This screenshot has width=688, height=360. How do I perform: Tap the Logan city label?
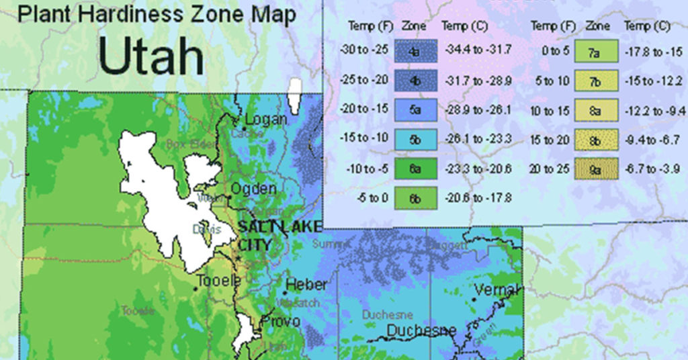(266, 120)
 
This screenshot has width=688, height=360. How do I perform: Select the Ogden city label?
(253, 189)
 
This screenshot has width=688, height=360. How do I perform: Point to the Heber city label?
(306, 285)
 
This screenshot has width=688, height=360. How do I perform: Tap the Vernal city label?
(497, 289)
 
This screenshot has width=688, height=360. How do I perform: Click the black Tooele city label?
(218, 281)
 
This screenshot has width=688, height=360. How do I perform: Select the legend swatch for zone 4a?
(416, 50)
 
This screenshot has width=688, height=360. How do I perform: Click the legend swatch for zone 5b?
(416, 138)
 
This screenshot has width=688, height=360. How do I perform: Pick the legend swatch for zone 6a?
(416, 168)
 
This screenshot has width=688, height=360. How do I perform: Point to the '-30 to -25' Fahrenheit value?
(364, 50)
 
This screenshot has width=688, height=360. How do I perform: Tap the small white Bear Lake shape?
(294, 97)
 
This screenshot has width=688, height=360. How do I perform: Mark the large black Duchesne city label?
(421, 330)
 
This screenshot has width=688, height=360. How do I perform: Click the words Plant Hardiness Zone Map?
(157, 15)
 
